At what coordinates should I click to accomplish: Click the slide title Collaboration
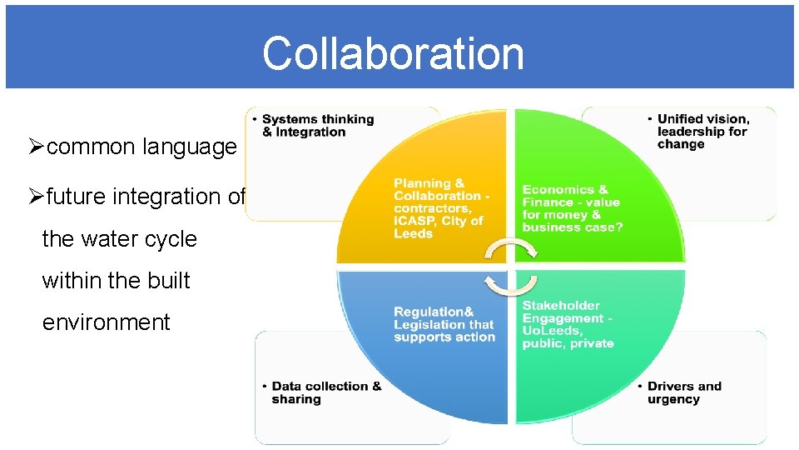coord(393,53)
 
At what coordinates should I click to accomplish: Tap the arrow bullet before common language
coord(36,147)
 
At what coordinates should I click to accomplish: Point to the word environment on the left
coord(106,322)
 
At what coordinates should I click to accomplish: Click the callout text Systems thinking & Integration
coord(318,126)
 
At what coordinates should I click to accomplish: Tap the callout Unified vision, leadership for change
coord(702,132)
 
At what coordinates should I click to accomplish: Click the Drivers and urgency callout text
coord(684,392)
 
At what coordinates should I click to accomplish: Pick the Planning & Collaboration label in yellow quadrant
coord(441,208)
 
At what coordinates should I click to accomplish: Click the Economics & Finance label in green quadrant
coord(572,208)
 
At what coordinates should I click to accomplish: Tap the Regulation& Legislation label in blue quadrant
coord(444,324)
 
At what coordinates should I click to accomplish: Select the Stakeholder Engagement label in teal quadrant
coord(568,324)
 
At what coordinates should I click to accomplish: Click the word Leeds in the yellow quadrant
coord(414,234)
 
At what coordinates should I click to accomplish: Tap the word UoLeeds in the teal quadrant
coord(551,331)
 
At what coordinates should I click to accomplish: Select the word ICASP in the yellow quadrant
coord(414,222)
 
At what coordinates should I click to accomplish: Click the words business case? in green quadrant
coord(572,227)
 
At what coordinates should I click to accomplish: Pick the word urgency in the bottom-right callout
coord(673,400)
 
